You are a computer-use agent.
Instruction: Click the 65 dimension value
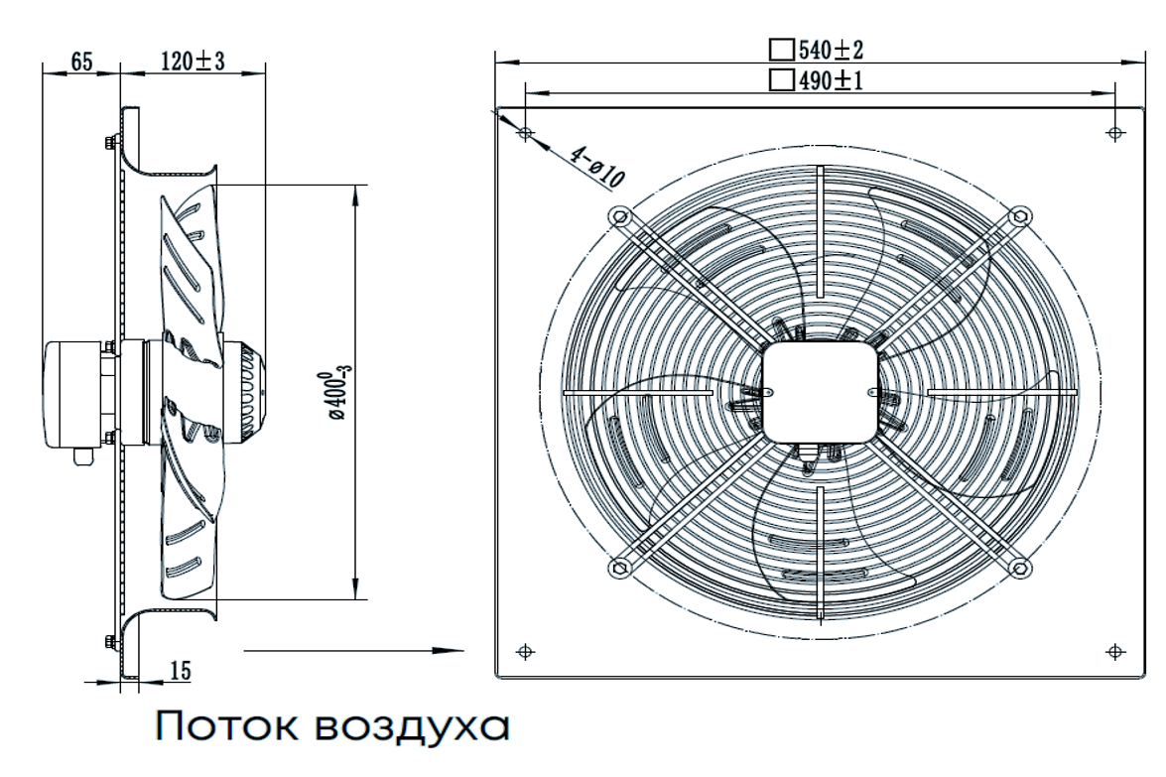[80, 62]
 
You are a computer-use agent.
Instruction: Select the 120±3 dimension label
[193, 62]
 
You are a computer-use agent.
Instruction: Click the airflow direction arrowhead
[453, 651]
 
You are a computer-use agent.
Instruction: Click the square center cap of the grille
[821, 391]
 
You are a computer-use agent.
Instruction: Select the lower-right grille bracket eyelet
[1019, 567]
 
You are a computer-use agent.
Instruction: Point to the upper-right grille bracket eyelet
[1019, 216]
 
